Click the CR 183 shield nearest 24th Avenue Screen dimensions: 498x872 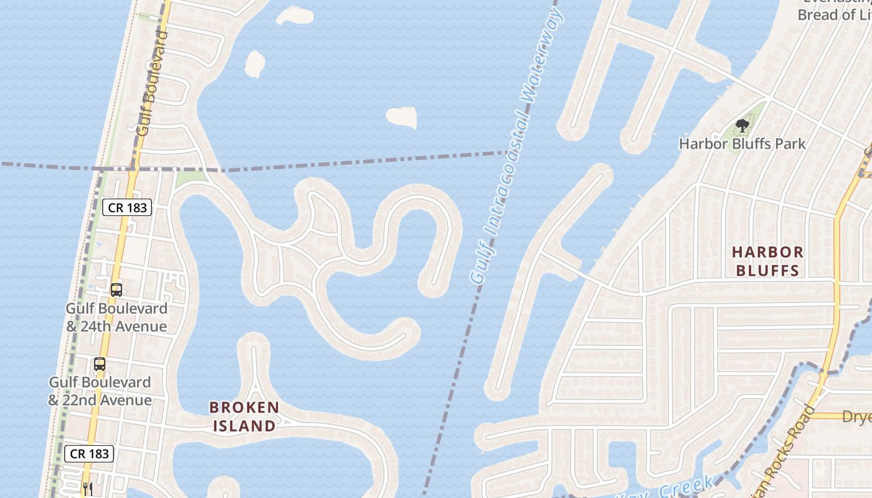[127, 207]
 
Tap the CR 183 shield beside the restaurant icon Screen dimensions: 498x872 [90, 454]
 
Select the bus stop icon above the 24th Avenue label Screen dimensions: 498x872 [116, 289]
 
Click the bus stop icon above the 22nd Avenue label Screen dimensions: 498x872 [100, 364]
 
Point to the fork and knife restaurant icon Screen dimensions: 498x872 [87, 489]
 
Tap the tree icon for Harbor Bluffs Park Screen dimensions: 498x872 [742, 126]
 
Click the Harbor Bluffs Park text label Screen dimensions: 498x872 [742, 144]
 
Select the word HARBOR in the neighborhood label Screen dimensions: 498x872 [767, 252]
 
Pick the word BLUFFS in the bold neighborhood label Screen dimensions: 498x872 [767, 270]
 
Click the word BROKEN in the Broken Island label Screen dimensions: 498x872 [244, 408]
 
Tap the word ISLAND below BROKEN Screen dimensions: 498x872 [244, 426]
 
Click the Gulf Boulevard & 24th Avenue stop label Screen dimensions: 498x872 [116, 317]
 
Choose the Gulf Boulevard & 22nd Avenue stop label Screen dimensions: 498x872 [100, 391]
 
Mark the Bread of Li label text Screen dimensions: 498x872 [835, 15]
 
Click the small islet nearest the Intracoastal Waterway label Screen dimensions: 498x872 [402, 116]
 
